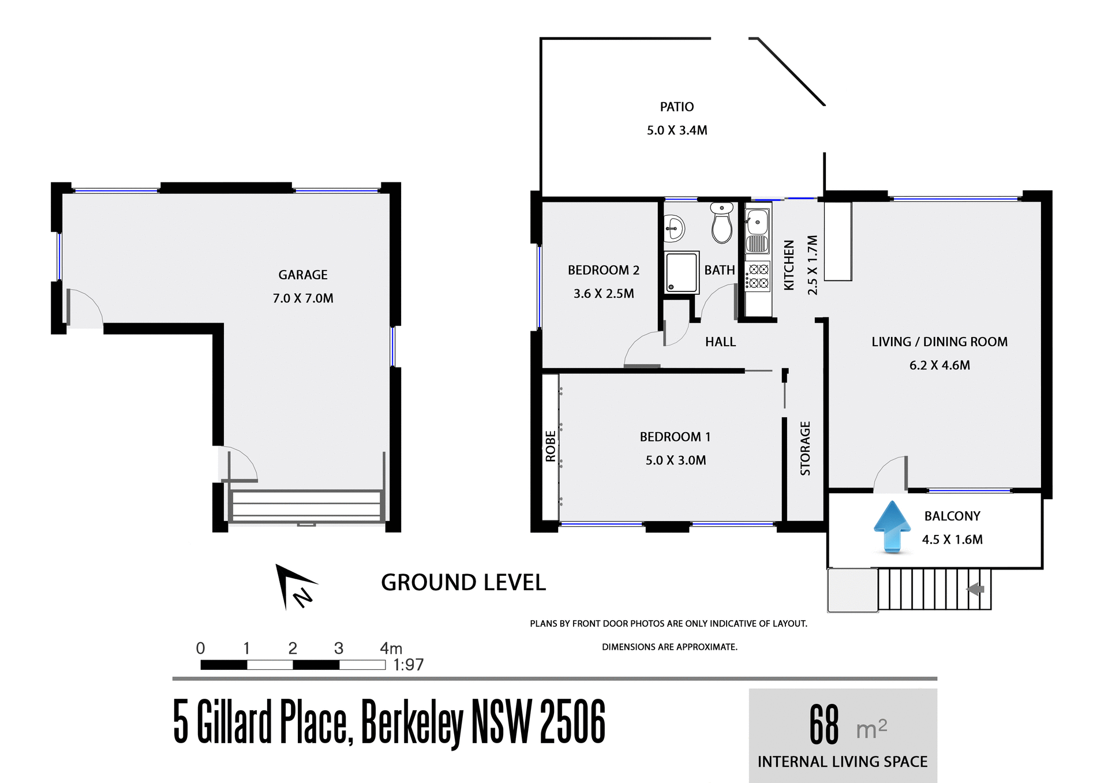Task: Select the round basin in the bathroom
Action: tap(673, 228)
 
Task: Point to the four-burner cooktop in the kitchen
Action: tap(758, 276)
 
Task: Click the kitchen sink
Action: tap(757, 222)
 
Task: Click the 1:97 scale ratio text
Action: tap(409, 665)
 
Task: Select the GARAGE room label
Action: tap(303, 275)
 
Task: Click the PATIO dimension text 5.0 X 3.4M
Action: tap(677, 130)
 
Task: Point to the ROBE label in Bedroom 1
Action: tap(551, 446)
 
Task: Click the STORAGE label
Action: tap(805, 448)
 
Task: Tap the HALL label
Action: tap(720, 342)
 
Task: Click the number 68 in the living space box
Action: tap(824, 725)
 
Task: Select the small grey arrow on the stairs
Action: tap(976, 589)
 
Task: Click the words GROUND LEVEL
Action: tap(463, 583)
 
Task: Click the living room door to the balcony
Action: tap(891, 474)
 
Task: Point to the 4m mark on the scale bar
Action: tap(391, 649)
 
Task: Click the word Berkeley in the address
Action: tap(412, 722)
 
